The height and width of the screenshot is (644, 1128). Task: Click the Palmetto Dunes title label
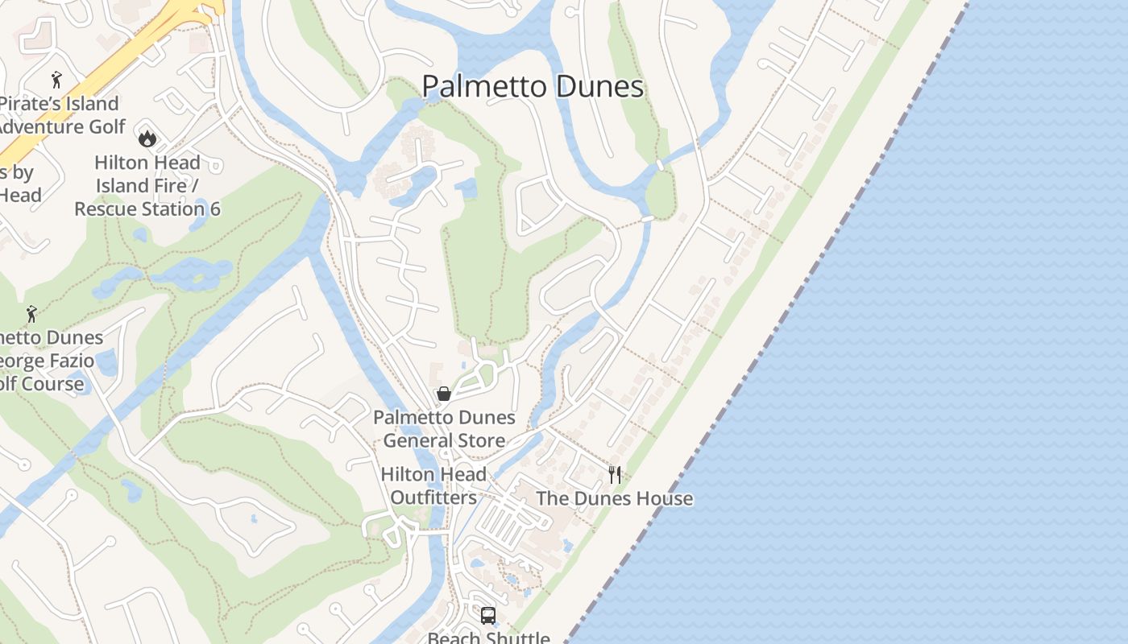533,87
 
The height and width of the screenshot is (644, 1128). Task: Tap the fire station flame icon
147,138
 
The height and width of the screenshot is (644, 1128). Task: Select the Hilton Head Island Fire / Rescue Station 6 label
147,186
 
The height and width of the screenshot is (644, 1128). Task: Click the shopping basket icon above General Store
443,394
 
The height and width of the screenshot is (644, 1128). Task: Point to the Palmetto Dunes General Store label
444,429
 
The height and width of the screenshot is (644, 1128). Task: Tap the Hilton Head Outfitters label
433,486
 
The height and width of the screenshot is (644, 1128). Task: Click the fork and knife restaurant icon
615,475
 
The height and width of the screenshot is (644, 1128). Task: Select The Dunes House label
614,499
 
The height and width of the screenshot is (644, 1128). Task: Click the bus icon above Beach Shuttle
488,616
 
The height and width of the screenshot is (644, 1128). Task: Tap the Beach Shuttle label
488,638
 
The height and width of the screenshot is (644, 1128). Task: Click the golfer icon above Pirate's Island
56,80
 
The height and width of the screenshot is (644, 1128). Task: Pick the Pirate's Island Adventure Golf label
60,115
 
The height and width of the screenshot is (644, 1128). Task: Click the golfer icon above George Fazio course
31,314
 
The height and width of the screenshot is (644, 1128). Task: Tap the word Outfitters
433,498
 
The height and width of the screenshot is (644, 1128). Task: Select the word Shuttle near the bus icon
518,638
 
